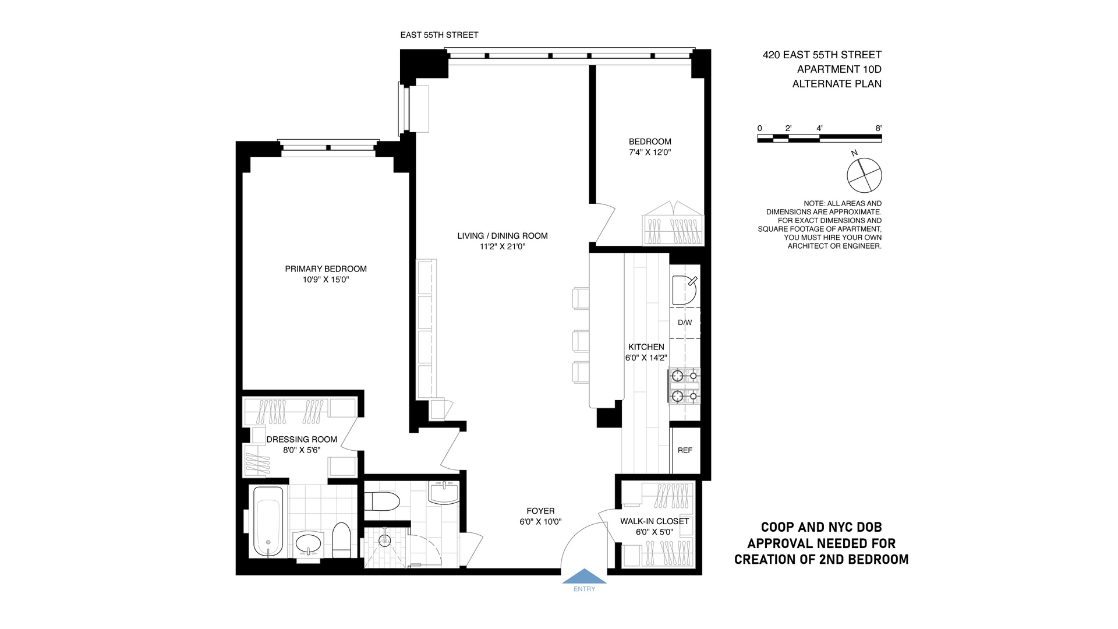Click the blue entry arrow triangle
(x=584, y=577)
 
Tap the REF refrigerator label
(x=685, y=450)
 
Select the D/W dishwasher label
(x=685, y=323)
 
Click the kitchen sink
(x=684, y=290)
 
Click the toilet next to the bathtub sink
(x=341, y=540)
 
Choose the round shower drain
(x=384, y=541)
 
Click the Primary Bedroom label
(x=326, y=269)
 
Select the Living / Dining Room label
(x=503, y=236)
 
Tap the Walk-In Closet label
(x=654, y=521)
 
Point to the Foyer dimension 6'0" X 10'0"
(x=540, y=522)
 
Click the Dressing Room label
(x=302, y=440)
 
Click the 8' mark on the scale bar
(x=878, y=128)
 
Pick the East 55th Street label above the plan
(x=439, y=35)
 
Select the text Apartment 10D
(x=839, y=69)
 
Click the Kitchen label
(x=646, y=347)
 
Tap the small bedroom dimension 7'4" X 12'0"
(x=650, y=153)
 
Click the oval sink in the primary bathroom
(x=309, y=544)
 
